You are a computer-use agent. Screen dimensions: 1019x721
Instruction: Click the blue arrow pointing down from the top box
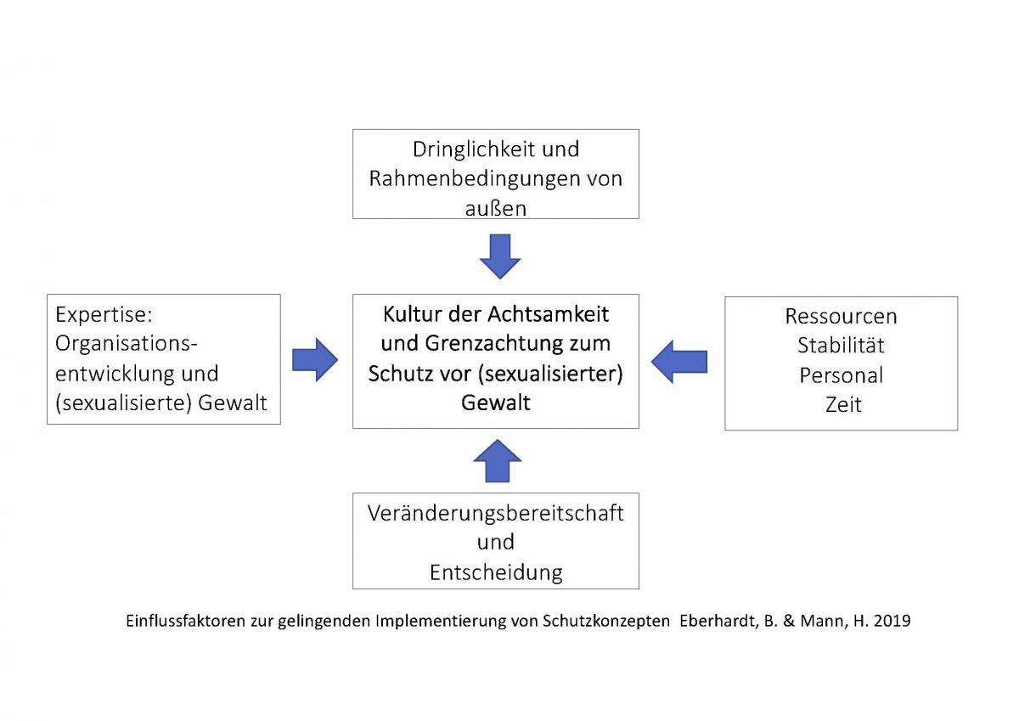coord(500,256)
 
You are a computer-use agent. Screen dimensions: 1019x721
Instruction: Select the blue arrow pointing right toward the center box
coord(315,360)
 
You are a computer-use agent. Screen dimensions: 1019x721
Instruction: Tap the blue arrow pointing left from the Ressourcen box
coord(679,362)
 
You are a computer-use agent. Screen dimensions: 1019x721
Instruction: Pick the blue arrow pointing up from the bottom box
coord(498,461)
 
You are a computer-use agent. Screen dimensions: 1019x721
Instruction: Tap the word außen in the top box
coord(496,208)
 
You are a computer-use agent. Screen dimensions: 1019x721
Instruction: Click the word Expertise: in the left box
coord(104,315)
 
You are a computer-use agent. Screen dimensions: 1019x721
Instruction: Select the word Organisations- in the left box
coord(127,344)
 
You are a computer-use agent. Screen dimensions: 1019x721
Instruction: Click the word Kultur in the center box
coord(412,314)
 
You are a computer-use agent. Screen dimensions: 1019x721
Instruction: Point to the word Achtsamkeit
coord(549,314)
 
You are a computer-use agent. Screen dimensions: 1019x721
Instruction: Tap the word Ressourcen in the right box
coord(842,316)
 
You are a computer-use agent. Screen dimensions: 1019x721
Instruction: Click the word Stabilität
coord(841,346)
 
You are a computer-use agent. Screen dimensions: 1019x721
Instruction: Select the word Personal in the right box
coord(842,375)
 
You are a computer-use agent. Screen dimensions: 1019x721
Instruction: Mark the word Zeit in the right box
coord(843,404)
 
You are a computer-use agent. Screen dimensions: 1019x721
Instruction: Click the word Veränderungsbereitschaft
coord(495,513)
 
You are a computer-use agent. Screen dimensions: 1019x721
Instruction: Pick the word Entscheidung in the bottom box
coord(496,572)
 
